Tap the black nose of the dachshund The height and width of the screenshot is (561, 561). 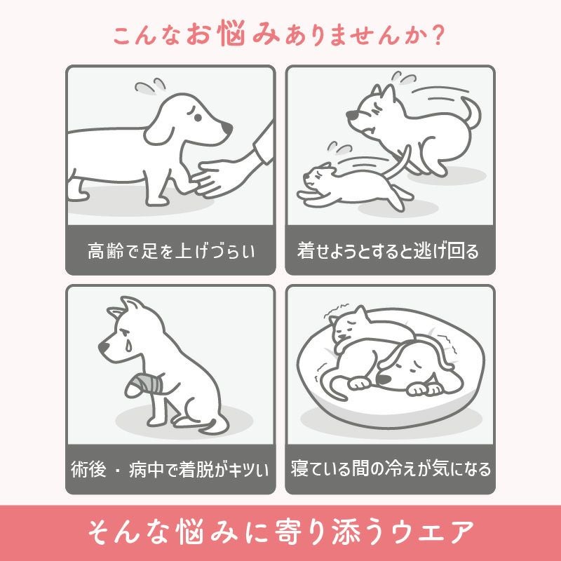tap(228, 129)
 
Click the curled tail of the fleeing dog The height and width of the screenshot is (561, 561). tap(471, 112)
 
